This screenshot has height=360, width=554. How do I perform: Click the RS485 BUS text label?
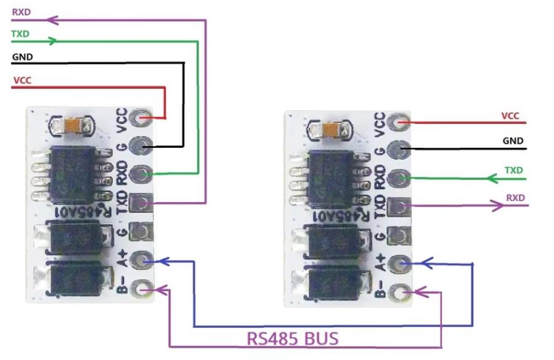tap(292, 338)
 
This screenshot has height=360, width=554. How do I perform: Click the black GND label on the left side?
tap(22, 57)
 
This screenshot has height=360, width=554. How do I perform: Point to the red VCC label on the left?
tap(22, 80)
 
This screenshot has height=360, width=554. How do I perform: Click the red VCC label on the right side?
tap(510, 115)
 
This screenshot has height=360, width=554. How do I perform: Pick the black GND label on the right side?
tap(513, 141)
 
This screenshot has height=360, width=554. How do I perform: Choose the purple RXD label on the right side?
tap(514, 198)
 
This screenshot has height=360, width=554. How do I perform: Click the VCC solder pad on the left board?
tap(144, 117)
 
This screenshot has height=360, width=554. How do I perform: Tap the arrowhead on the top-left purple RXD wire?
tap(53, 20)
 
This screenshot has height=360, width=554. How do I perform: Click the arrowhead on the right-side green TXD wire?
tap(492, 179)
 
